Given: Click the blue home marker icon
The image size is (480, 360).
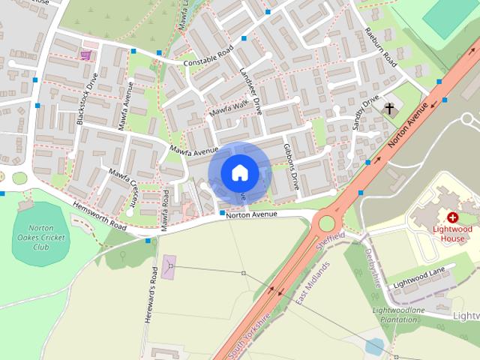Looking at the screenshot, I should point(238,172).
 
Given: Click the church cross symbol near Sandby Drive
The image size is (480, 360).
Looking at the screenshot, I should point(390,109).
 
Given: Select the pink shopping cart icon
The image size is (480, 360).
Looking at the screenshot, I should point(86,55).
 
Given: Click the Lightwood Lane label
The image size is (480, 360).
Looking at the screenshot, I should point(419,277).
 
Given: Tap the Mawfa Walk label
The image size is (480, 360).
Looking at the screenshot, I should point(228,109).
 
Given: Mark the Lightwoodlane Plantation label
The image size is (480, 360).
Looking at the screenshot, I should point(400,314).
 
